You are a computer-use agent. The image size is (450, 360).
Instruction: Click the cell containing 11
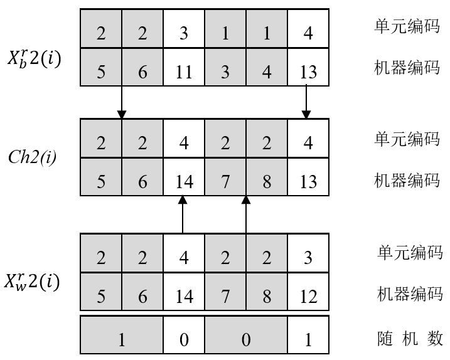[183, 70]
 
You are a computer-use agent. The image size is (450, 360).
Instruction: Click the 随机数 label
[408, 339]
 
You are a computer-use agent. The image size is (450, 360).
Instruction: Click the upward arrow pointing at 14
[183, 214]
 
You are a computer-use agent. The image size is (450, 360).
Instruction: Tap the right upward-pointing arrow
[245, 214]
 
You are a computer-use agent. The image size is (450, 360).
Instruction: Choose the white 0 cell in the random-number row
[183, 339]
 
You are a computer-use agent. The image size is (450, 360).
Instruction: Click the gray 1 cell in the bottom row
[122, 339]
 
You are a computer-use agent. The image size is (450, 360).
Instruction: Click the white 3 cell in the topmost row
[183, 31]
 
